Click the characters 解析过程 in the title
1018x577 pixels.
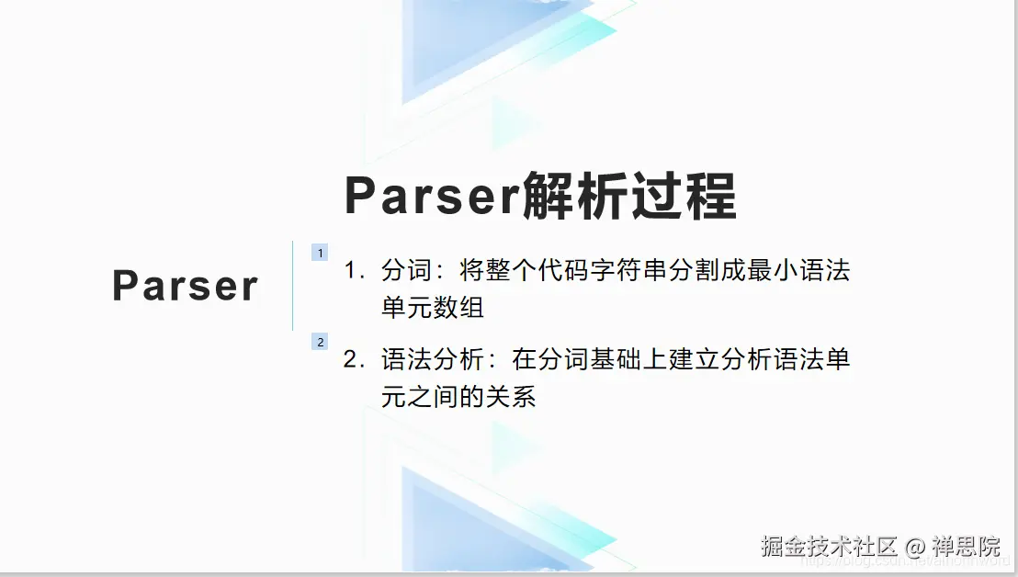pos(629,195)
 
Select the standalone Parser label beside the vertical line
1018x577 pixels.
pos(186,286)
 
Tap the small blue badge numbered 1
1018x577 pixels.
pos(320,253)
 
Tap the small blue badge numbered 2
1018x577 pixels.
pos(320,342)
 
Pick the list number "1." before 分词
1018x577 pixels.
pos(354,271)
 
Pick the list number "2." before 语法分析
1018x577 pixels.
pos(354,359)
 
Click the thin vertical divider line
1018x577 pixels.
pos(292,286)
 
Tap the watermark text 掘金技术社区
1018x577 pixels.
pos(828,547)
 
